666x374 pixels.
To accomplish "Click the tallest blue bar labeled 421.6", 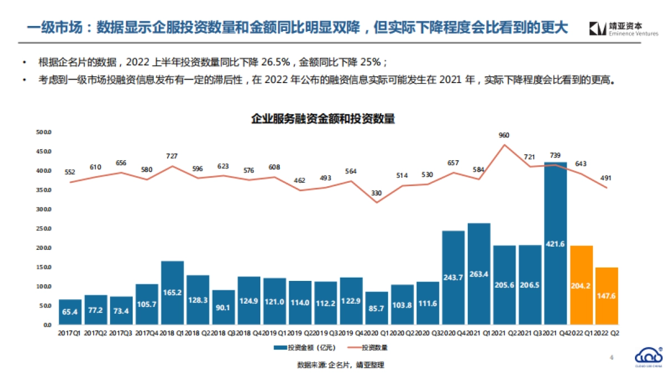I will pyautogui.click(x=556, y=244).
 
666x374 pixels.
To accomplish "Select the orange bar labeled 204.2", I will pyautogui.click(x=581, y=285).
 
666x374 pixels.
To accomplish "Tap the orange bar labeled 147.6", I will pyautogui.click(x=607, y=296).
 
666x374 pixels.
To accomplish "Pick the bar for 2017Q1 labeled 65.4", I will pyautogui.click(x=70, y=312).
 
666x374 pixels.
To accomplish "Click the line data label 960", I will pyautogui.click(x=504, y=135).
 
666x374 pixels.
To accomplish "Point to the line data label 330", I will pyautogui.click(x=376, y=193).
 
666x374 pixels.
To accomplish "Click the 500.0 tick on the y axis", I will pyautogui.click(x=43, y=132).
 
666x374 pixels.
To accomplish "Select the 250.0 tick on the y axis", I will pyautogui.click(x=43, y=229).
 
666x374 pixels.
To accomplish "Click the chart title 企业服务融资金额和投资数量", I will pyautogui.click(x=322, y=119).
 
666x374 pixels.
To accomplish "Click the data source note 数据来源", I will pyautogui.click(x=340, y=365).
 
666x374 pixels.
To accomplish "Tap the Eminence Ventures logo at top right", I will pyautogui.click(x=623, y=29).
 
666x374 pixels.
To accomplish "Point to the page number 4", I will pyautogui.click(x=612, y=357).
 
